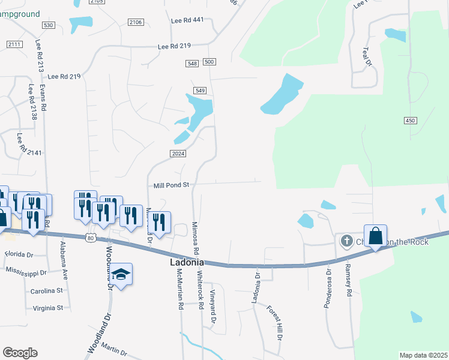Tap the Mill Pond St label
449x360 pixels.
pos(171,185)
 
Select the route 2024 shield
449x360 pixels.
pos(177,154)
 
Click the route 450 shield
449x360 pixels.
pos(410,121)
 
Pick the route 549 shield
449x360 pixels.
pos(200,91)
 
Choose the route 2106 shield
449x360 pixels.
pos(136,22)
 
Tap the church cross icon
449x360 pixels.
pos(346,241)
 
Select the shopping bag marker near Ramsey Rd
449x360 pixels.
pos(375,235)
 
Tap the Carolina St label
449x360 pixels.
pos(47,291)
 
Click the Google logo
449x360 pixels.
pos(20,353)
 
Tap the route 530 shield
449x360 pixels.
pos(49,25)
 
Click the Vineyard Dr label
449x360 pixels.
pos(212,307)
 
